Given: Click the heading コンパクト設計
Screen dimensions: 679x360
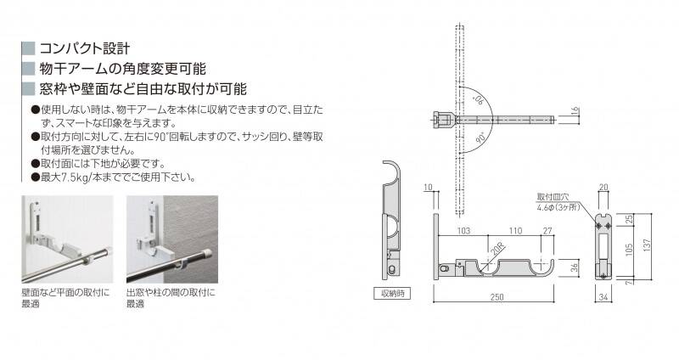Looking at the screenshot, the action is (84, 48).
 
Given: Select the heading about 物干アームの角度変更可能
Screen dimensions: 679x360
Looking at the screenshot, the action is (122, 69).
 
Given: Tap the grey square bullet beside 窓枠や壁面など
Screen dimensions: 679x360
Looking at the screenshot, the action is (28, 89).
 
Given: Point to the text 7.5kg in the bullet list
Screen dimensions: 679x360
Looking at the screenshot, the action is (70, 177).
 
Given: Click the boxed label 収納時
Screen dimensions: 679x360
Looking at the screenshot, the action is (392, 294).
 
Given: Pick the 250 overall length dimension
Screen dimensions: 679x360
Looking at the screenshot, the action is (497, 297).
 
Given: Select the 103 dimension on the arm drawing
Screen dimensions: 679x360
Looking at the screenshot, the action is (463, 230).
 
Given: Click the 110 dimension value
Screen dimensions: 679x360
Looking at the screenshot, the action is (515, 230).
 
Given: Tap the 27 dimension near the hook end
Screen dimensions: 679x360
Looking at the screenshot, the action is (547, 230).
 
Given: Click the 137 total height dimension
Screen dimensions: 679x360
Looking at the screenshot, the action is (647, 247).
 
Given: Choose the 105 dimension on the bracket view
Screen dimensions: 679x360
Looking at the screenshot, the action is (629, 250).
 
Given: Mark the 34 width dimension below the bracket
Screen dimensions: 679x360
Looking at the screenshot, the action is (603, 297).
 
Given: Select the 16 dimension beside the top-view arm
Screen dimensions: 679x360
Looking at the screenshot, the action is (575, 111).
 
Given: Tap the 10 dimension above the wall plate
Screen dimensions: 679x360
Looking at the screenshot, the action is (428, 187).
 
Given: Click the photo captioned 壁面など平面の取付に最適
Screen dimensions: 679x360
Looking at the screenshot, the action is (68, 239).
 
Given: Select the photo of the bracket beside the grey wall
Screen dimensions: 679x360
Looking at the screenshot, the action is (172, 239).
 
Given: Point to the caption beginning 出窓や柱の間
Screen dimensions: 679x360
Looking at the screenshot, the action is (171, 298).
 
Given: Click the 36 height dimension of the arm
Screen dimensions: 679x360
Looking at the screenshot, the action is (575, 267).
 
